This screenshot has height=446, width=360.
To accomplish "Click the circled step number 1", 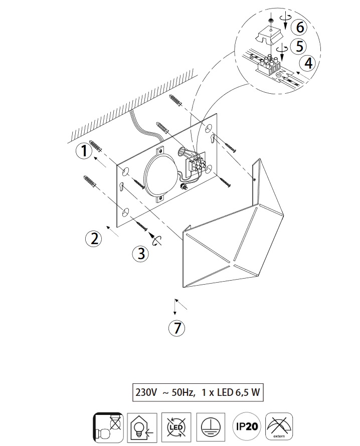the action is pyautogui.click(x=84, y=151).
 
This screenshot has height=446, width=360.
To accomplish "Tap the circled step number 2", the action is pyautogui.click(x=94, y=239).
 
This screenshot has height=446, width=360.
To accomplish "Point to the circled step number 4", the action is pyautogui.click(x=308, y=63).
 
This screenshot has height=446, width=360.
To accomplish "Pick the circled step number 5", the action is pyautogui.click(x=299, y=46).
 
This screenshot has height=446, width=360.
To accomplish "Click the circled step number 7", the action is pyautogui.click(x=177, y=328).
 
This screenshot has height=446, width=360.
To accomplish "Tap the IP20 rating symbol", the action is pyautogui.click(x=247, y=426).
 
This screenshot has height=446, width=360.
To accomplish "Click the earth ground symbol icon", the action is pyautogui.click(x=211, y=426).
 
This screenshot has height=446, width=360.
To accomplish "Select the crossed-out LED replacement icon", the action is pyautogui.click(x=176, y=426).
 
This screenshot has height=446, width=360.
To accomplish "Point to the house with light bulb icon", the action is pyautogui.click(x=142, y=427).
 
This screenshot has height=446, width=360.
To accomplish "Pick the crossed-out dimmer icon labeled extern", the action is pyautogui.click(x=279, y=426).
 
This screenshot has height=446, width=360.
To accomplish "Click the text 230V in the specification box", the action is pyautogui.click(x=146, y=392).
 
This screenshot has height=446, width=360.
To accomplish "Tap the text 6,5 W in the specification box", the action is pyautogui.click(x=248, y=392).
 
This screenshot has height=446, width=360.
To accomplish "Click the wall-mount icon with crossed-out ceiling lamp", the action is pyautogui.click(x=108, y=427).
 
